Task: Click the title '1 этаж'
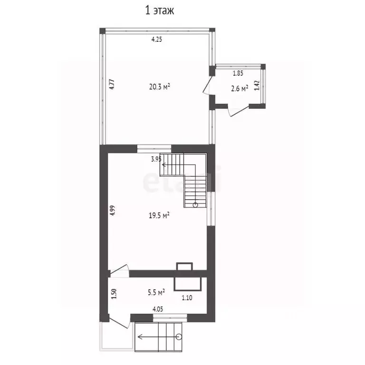click(x=160, y=11)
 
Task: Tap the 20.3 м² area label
click(x=160, y=86)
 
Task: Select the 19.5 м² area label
click(x=159, y=215)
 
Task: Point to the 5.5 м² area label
click(x=156, y=292)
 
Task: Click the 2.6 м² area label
click(x=240, y=88)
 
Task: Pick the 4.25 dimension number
click(x=157, y=39)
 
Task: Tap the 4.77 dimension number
click(x=112, y=84)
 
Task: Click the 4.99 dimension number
click(x=113, y=211)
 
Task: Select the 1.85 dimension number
click(x=238, y=73)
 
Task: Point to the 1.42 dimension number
click(x=257, y=86)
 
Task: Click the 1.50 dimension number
click(x=114, y=294)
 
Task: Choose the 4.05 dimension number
click(x=158, y=309)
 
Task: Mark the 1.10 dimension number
click(x=187, y=298)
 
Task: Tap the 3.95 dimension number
click(x=156, y=159)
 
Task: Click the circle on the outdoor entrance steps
click(x=179, y=336)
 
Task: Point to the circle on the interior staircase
click(x=195, y=205)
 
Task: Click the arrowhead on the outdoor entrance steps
click(x=140, y=336)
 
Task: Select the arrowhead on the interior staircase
click(x=163, y=165)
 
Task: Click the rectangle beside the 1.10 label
click(x=187, y=284)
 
